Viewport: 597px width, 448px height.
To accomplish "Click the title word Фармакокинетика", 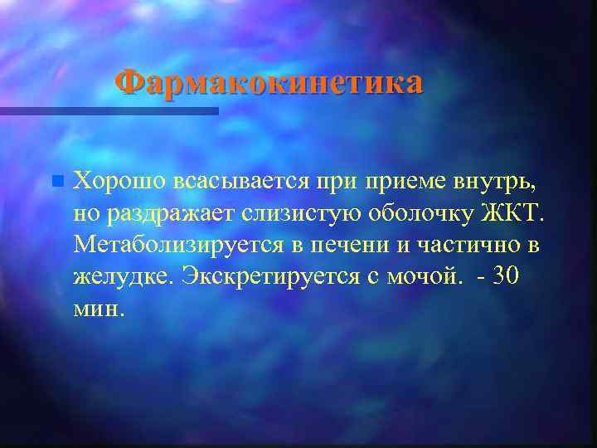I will [x=269, y=83].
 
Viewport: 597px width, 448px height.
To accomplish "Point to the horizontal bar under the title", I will [x=109, y=110].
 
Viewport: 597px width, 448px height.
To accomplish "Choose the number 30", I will [x=506, y=275].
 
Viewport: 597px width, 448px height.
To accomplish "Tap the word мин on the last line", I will [x=97, y=309].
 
